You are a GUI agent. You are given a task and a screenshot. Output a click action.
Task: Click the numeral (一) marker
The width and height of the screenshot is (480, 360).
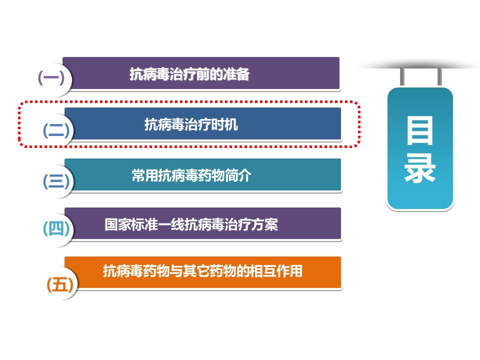coord(51,78)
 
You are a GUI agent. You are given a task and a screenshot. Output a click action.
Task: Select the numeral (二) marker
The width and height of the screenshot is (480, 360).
coord(56,130)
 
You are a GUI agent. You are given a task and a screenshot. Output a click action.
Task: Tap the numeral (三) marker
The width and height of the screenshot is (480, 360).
coord(56,181)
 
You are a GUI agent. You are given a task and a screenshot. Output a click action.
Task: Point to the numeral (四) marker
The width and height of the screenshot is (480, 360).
coord(56,228)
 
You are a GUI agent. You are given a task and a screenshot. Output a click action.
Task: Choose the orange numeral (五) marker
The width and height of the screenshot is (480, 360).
coord(60,284)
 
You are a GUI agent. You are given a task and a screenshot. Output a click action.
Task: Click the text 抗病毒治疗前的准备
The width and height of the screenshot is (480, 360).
coord(189,74)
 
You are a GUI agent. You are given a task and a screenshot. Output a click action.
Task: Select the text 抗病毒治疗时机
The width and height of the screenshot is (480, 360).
coord(191,124)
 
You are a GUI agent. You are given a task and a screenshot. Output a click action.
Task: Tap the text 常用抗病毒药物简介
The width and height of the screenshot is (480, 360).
coord(191,175)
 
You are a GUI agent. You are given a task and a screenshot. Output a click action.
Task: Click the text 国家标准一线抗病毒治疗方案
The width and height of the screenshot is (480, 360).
coord(191,224)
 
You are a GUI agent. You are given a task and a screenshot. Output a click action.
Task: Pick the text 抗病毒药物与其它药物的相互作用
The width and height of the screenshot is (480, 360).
coord(202,271)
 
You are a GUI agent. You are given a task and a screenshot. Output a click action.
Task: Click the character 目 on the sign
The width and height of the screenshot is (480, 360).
coord(419,130)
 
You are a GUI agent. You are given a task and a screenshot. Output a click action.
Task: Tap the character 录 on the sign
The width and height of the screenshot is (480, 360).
coord(419,168)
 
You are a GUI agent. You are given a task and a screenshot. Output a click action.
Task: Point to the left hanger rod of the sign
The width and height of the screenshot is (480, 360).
coord(402,76)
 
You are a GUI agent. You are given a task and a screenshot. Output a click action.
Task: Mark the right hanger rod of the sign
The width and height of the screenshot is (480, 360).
coord(439,76)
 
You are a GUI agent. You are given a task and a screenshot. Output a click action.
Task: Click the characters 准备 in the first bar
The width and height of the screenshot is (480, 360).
coord(236,74)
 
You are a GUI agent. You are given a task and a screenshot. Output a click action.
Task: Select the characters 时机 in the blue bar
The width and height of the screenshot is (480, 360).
coord(224,124)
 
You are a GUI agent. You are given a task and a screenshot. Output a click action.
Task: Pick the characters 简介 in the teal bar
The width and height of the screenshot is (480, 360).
coord(238,175)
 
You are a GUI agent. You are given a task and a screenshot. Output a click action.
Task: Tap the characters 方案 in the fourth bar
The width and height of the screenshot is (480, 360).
coord(265,224)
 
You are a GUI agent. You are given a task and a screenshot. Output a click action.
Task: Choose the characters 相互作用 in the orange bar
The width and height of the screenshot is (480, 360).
coord(276,271)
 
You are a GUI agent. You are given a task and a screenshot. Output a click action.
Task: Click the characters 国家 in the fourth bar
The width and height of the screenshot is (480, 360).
coord(118,224)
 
